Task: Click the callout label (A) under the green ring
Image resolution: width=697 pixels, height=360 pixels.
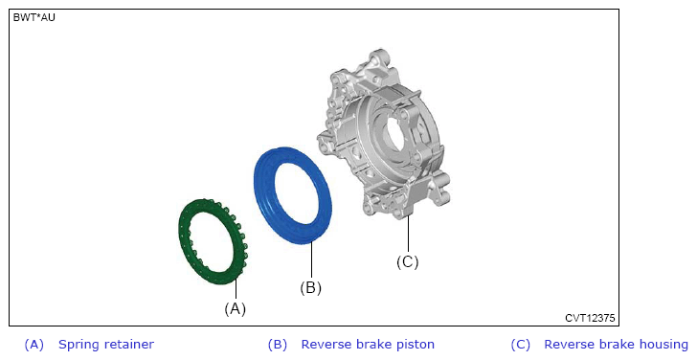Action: [235, 308]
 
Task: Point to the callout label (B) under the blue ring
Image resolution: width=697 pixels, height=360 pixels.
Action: [310, 287]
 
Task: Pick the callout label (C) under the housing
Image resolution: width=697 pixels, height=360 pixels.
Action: [407, 261]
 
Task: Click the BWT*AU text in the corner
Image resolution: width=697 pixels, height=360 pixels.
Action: [34, 18]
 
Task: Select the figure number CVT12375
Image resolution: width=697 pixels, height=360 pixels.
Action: [590, 318]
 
